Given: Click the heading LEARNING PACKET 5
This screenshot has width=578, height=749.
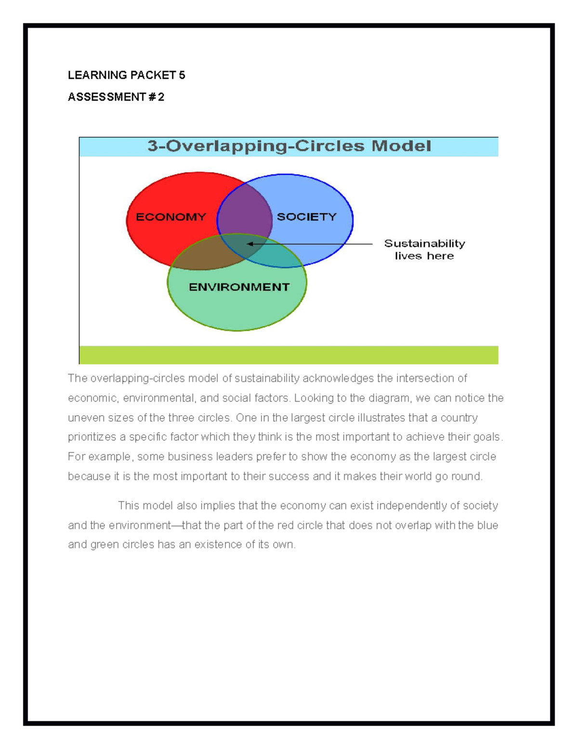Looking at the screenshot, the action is tap(126, 75).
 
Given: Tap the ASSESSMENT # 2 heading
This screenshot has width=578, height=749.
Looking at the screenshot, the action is tap(116, 97).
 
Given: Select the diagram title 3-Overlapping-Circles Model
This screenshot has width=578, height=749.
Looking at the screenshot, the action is tap(289, 146).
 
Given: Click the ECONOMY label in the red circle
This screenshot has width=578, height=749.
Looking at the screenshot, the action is tap(171, 217).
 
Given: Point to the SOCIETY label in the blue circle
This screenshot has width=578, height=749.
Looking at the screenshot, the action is tap(307, 217).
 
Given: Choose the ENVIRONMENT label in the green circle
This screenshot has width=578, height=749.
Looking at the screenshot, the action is tap(239, 287).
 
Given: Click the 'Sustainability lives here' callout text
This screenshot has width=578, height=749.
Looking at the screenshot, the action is tap(424, 249).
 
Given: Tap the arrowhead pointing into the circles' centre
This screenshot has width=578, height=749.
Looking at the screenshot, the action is tap(250, 244).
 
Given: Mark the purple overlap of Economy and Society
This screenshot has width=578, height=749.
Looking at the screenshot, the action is tap(245, 212).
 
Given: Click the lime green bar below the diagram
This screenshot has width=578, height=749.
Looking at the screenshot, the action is tap(289, 355).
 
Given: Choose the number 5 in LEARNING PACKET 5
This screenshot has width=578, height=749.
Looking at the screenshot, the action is tap(182, 75).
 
